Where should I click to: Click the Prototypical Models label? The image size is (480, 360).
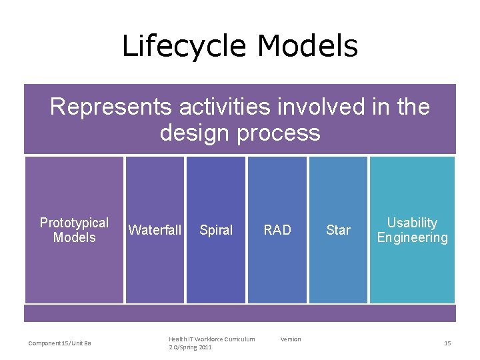[x=74, y=230]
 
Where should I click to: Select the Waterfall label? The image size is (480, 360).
[x=155, y=230]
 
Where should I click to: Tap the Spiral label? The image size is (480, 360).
[x=216, y=230]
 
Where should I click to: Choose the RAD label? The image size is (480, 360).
[x=277, y=230]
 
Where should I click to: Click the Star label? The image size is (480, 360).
[x=338, y=230]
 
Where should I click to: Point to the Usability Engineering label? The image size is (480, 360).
[x=412, y=230]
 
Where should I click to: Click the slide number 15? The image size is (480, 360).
[x=447, y=343]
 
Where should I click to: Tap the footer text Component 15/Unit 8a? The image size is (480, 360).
[x=60, y=343]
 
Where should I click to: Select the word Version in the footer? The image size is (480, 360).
[x=291, y=339]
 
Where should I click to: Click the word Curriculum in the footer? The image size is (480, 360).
[x=238, y=339]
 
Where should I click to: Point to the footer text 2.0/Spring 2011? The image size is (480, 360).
[x=190, y=347]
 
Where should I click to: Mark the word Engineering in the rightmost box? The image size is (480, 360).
[x=412, y=238]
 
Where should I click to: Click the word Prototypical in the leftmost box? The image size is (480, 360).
[x=74, y=223]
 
